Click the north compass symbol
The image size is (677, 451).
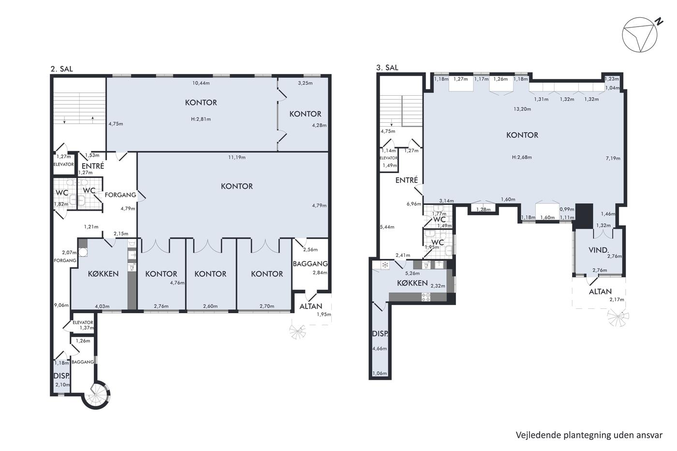(x=640, y=35)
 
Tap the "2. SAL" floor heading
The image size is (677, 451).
(x=62, y=69)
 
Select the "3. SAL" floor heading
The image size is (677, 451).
(x=387, y=68)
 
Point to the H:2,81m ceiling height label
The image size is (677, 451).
(x=201, y=119)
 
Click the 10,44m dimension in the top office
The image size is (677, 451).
(x=201, y=83)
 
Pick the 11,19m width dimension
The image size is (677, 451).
(x=236, y=158)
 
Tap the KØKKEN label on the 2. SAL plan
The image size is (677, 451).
(x=103, y=274)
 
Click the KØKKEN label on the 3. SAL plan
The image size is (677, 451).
(x=412, y=283)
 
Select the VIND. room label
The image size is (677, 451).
(x=599, y=250)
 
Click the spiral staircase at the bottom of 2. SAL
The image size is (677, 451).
(x=96, y=395)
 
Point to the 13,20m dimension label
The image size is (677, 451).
(x=522, y=109)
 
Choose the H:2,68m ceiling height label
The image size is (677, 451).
(x=522, y=158)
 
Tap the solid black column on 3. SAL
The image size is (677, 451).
(x=584, y=216)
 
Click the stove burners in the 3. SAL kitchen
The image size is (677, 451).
(x=426, y=297)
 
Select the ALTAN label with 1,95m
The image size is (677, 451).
(x=310, y=306)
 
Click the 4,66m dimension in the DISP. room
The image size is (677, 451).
(x=380, y=349)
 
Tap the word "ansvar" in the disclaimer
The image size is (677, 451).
(x=649, y=436)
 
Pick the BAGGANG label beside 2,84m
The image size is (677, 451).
(x=310, y=264)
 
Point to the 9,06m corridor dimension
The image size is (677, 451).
(x=61, y=306)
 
